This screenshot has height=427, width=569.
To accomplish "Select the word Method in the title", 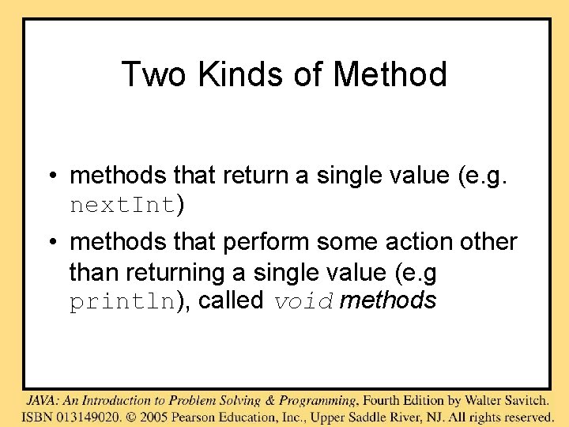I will (x=390, y=74).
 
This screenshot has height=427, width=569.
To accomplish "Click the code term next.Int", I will (x=122, y=206).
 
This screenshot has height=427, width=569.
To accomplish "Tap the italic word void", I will (x=304, y=301).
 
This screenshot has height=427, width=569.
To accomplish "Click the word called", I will (x=231, y=301).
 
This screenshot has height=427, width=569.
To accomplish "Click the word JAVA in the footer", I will (x=42, y=400).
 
